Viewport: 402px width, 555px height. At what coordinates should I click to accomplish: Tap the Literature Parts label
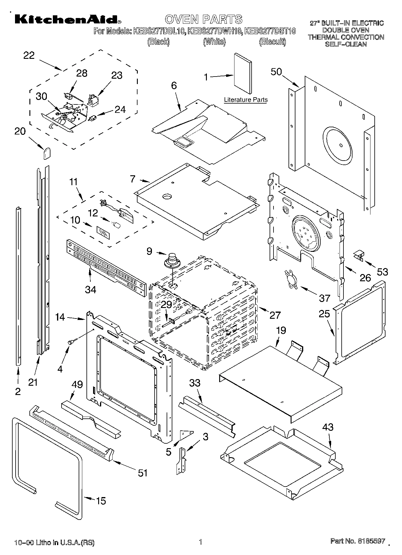tap(246, 100)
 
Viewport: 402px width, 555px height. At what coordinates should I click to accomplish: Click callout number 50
tap(277, 72)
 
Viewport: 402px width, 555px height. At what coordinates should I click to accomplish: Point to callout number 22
tap(29, 56)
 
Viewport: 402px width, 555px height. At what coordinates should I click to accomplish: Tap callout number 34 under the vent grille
tap(90, 289)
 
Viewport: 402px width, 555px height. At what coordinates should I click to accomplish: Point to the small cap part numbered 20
tap(46, 153)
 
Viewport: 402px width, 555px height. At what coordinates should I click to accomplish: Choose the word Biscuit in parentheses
tap(272, 42)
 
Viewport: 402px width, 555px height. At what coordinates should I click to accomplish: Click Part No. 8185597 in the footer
tap(357, 541)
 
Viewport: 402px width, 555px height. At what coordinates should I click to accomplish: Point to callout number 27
tap(275, 315)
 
